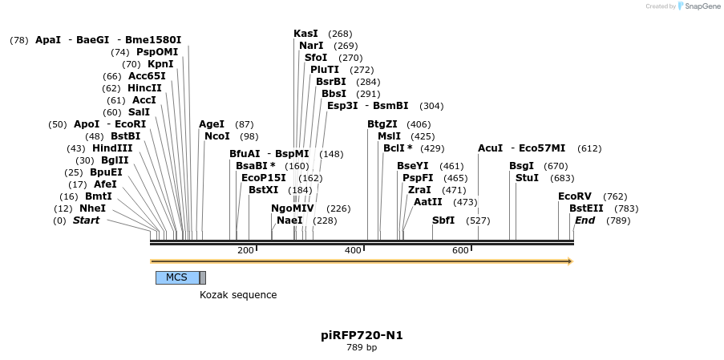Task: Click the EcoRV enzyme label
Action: click(575, 196)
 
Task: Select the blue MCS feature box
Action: click(177, 277)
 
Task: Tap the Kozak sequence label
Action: click(238, 295)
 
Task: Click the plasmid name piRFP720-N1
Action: click(362, 335)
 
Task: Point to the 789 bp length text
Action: click(362, 348)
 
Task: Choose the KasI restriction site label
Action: click(306, 34)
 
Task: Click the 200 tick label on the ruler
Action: click(245, 250)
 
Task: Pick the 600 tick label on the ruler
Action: click(460, 250)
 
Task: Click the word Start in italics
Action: click(87, 220)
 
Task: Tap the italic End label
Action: click(585, 220)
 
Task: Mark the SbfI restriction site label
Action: click(443, 220)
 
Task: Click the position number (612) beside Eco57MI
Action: click(589, 148)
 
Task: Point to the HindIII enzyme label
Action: click(112, 148)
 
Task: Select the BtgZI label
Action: click(382, 124)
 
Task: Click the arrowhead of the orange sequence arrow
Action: click(570, 261)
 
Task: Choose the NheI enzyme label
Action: click(92, 208)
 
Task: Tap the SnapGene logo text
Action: click(702, 6)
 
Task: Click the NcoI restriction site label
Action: click(217, 136)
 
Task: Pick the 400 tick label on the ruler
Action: click(353, 250)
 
